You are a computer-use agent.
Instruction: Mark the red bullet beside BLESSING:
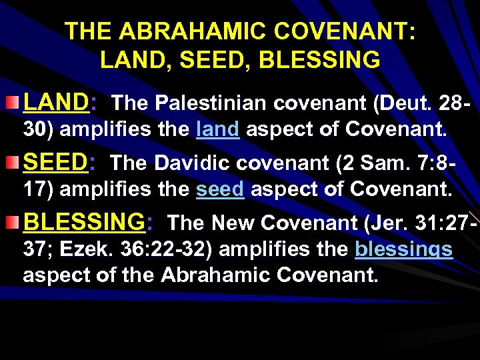tap(13, 221)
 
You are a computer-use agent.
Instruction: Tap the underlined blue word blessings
tap(404, 249)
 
